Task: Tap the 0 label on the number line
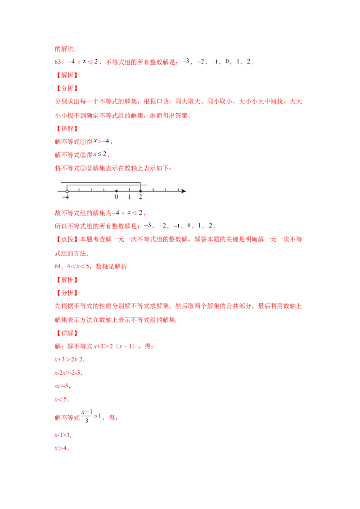pyautogui.click(x=116, y=197)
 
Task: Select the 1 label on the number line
pyautogui.click(x=129, y=197)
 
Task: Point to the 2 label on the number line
pyautogui.click(x=140, y=197)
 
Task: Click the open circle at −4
pyautogui.click(x=67, y=191)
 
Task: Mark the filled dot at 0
pyautogui.click(x=116, y=191)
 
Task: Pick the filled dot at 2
pyautogui.click(x=140, y=191)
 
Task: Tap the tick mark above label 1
pyautogui.click(x=129, y=190)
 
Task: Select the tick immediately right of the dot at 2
pyautogui.click(x=153, y=190)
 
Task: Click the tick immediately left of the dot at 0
pyautogui.click(x=104, y=190)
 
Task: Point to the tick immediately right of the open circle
pyautogui.click(x=79, y=190)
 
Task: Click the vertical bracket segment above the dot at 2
pyautogui.click(x=140, y=186)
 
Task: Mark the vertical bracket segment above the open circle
pyautogui.click(x=67, y=187)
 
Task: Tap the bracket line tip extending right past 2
pyautogui.click(x=146, y=185)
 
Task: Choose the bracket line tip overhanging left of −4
pyautogui.click(x=62, y=182)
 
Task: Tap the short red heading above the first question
pyautogui.click(x=64, y=49)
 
